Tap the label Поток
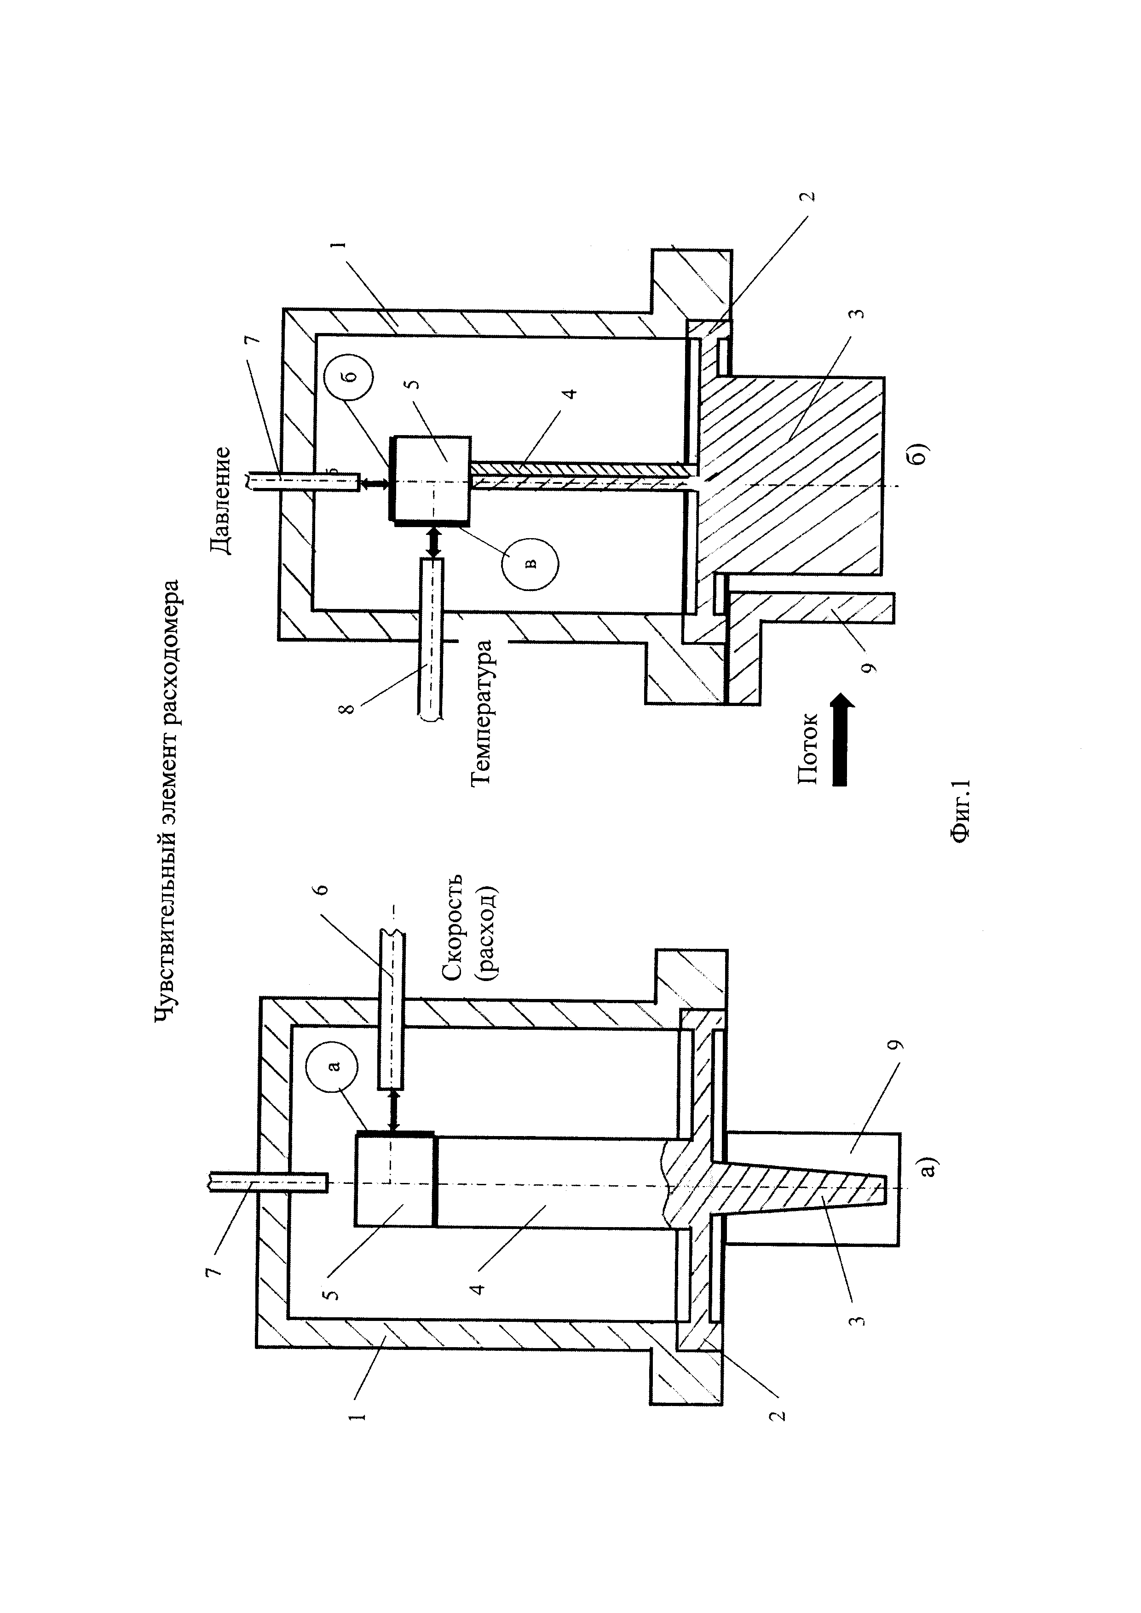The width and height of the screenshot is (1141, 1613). (807, 748)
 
